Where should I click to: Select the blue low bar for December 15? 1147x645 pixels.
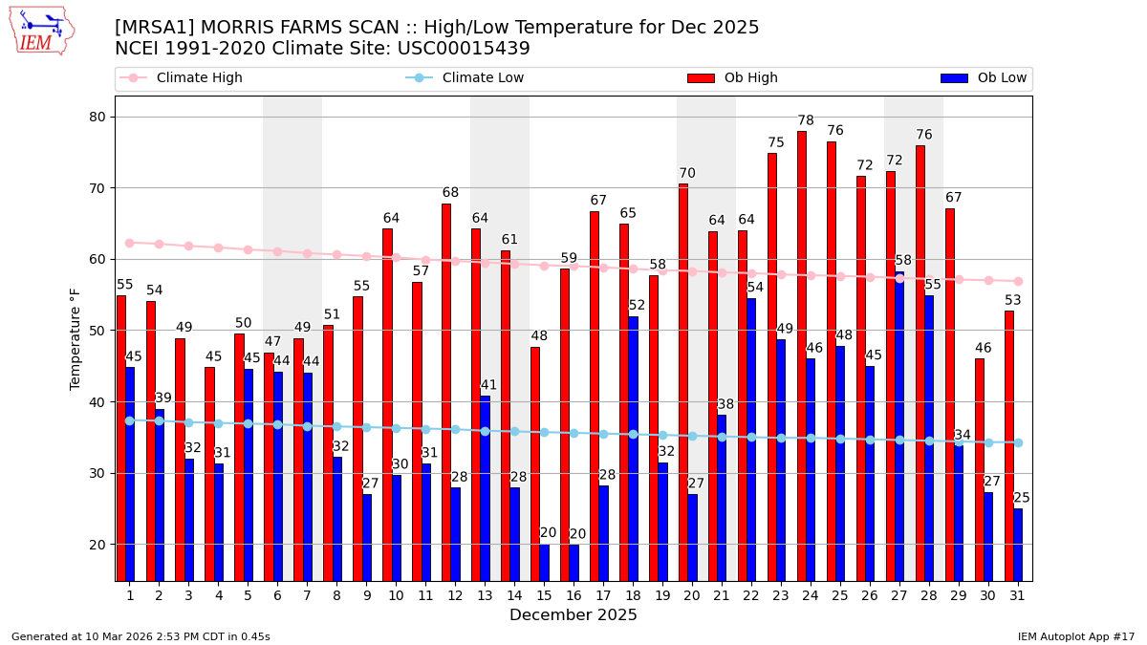click(545, 563)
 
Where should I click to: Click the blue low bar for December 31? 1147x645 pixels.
click(1018, 545)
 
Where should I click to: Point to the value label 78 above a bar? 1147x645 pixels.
click(806, 121)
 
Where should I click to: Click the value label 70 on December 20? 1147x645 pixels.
click(687, 174)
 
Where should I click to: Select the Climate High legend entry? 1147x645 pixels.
click(199, 78)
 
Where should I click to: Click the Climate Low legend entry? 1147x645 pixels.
click(483, 78)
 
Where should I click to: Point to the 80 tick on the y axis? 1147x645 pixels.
click(97, 117)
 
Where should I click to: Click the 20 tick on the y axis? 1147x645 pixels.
click(97, 545)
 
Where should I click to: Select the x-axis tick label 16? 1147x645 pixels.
click(573, 595)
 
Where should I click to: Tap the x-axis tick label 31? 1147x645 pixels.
click(1018, 595)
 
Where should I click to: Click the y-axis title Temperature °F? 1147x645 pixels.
click(76, 338)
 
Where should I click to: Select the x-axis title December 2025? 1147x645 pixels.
click(573, 615)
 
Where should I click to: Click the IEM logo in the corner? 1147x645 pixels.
click(42, 31)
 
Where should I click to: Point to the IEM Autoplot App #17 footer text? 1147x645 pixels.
click(1075, 636)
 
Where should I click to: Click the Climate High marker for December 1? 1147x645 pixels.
click(130, 243)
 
